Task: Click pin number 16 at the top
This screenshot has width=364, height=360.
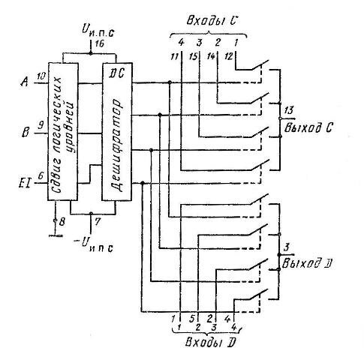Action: pyautogui.click(x=98, y=44)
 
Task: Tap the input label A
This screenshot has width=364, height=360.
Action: pyautogui.click(x=25, y=82)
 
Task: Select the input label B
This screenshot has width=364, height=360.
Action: pyautogui.click(x=26, y=132)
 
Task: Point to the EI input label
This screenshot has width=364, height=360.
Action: pyautogui.click(x=25, y=184)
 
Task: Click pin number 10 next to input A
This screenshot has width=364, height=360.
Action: pyautogui.click(x=41, y=76)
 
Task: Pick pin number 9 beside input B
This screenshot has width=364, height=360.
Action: pyautogui.click(x=41, y=125)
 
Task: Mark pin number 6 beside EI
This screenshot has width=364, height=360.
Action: pyautogui.click(x=41, y=175)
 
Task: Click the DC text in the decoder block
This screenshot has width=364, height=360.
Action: pyautogui.click(x=117, y=73)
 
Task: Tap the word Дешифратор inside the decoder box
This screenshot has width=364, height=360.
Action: pyautogui.click(x=116, y=145)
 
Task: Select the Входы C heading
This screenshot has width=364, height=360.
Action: pyautogui.click(x=212, y=21)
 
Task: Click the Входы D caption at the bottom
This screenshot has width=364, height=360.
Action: pyautogui.click(x=210, y=342)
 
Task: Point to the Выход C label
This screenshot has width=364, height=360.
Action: pyautogui.click(x=308, y=127)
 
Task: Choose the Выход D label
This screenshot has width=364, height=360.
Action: pyautogui.click(x=307, y=263)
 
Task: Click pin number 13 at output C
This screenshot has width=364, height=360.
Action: pyautogui.click(x=289, y=110)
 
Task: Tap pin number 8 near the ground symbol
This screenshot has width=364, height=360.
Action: pyautogui.click(x=62, y=222)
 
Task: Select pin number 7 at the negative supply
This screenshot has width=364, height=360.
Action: pyautogui.click(x=98, y=221)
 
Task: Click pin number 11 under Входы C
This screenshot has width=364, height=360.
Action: pyautogui.click(x=174, y=57)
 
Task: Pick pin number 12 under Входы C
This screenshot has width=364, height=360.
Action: pyautogui.click(x=228, y=56)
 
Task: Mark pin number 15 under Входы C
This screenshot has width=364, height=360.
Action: pyautogui.click(x=193, y=57)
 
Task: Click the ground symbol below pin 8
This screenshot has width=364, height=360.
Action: pyautogui.click(x=56, y=235)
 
